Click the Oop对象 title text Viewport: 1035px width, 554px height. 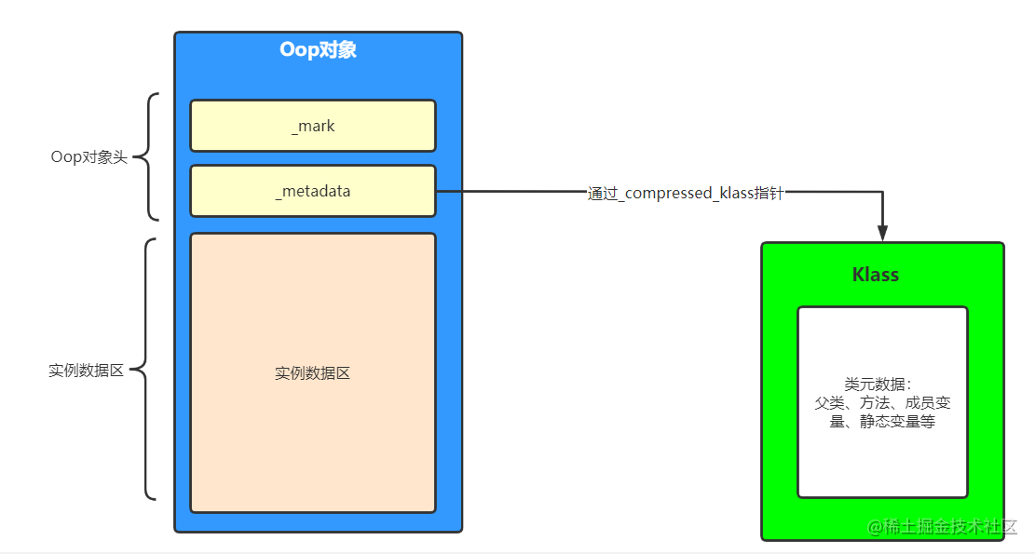coord(318,50)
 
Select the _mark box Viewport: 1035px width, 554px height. coord(313,126)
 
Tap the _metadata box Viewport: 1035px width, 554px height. coord(313,191)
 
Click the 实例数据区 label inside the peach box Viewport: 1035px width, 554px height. coord(313,373)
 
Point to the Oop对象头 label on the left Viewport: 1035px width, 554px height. coord(89,157)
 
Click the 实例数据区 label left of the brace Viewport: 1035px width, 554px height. coord(86,371)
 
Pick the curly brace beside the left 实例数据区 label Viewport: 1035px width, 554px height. coord(147,371)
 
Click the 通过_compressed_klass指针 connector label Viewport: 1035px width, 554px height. coord(686,194)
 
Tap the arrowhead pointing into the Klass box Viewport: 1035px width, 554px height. coord(882,233)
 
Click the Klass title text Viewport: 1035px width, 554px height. coord(876,275)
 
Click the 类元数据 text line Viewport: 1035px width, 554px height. coord(877,385)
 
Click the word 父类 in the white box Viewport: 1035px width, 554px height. coord(828,403)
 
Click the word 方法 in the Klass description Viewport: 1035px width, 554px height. coord(873,403)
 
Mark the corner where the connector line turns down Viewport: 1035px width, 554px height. coord(882,192)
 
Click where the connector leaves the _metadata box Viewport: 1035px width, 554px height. coord(437,192)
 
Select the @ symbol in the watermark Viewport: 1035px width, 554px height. coord(876,528)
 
